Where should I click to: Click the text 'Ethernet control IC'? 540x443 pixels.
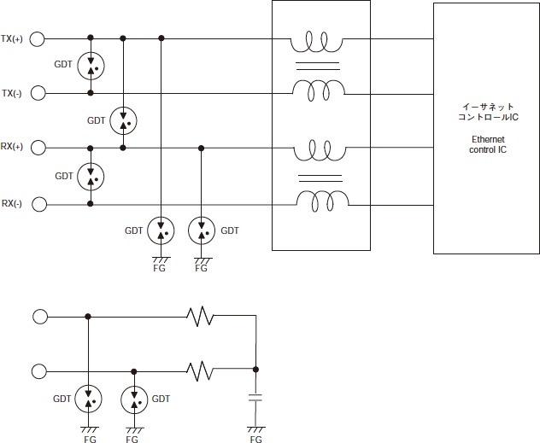pos(488,144)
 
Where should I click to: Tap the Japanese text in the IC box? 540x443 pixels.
pos(488,112)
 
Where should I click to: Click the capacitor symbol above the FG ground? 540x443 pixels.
pos(255,398)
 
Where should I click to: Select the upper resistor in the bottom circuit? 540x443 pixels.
pos(200,316)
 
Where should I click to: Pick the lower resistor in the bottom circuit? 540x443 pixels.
pos(200,370)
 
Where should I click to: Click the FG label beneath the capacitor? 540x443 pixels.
pos(255,439)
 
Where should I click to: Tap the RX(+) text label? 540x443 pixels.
pos(12,147)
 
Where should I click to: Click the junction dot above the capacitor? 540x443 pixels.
pos(255,370)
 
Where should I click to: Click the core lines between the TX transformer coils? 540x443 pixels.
pos(318,66)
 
